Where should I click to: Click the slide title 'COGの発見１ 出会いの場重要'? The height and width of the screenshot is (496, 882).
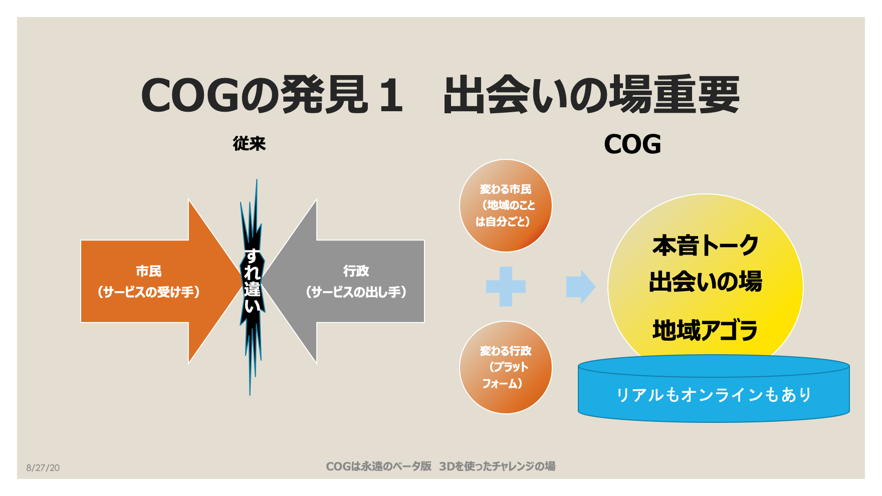click(x=440, y=95)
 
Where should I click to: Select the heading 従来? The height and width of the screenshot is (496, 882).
click(x=249, y=144)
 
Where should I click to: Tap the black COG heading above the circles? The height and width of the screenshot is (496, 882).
click(x=632, y=144)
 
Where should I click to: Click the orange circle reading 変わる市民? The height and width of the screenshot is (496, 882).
click(x=506, y=205)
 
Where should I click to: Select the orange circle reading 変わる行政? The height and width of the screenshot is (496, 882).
click(x=506, y=367)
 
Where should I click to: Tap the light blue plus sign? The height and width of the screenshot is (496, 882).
click(x=506, y=287)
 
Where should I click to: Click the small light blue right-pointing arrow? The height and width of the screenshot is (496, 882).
click(x=581, y=287)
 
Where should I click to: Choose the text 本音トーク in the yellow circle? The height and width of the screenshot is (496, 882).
click(x=705, y=245)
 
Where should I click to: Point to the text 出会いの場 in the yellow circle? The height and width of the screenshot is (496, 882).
click(x=705, y=282)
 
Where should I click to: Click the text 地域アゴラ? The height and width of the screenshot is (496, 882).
click(x=705, y=331)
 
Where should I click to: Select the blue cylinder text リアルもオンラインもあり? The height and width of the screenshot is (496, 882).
click(x=714, y=395)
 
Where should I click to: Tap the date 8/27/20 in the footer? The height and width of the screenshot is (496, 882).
click(x=43, y=468)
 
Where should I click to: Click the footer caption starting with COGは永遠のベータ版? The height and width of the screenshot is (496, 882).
click(x=440, y=466)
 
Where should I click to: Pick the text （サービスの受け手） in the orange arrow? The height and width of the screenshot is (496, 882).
click(x=149, y=292)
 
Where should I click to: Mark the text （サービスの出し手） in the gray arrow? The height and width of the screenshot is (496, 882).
click(x=356, y=292)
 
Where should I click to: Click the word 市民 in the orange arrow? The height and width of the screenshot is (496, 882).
click(x=149, y=271)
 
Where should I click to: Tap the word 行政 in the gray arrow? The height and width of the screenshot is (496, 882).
click(x=356, y=271)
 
